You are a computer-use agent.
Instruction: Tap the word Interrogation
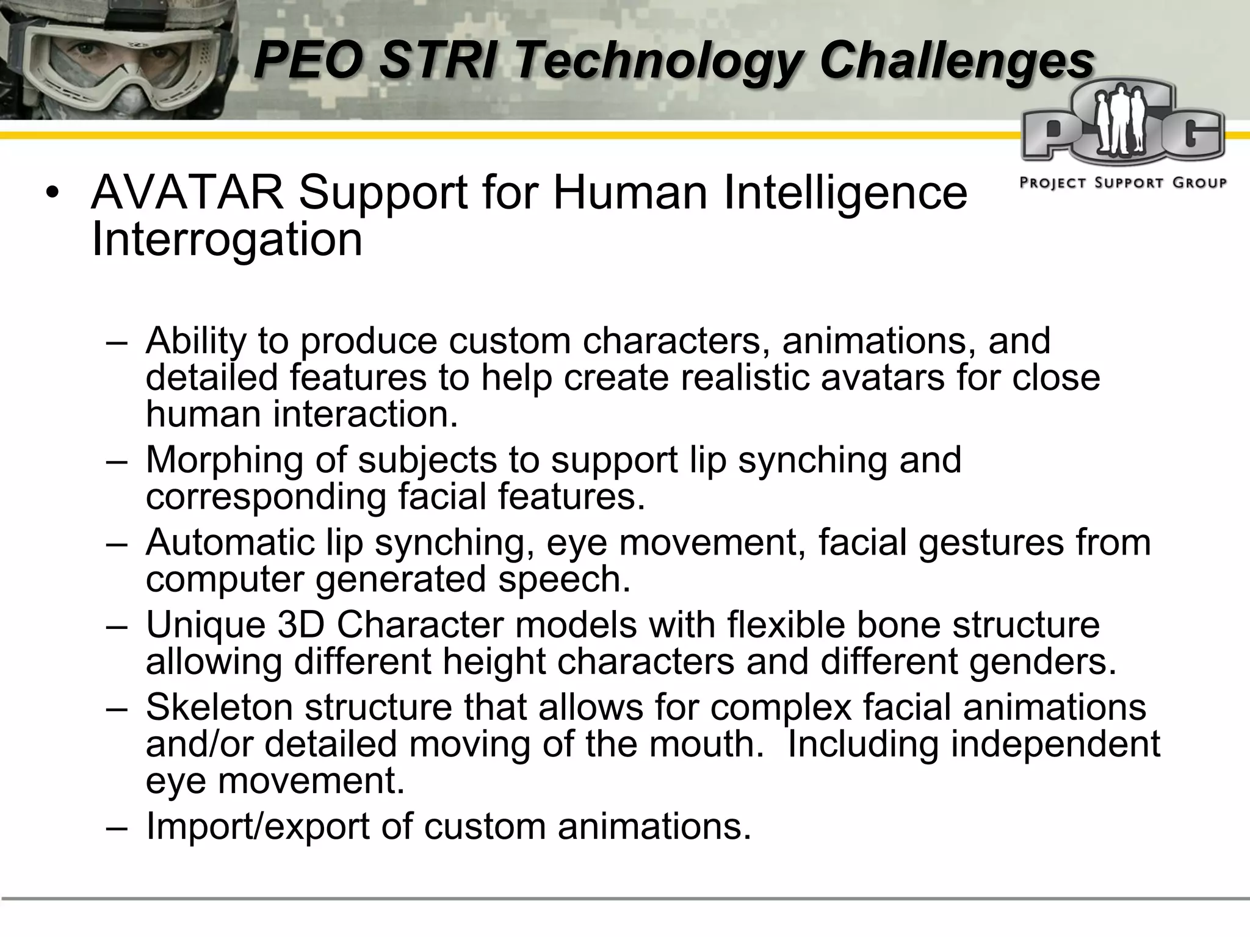tap(226, 240)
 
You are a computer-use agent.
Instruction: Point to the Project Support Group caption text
tap(1123, 182)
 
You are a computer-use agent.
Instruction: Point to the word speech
tap(563, 579)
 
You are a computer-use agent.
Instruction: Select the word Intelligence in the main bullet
tap(845, 193)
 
